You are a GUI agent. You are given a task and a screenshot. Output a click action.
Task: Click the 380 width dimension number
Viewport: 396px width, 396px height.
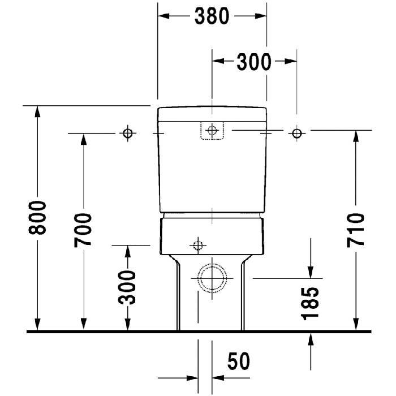(x=212, y=16)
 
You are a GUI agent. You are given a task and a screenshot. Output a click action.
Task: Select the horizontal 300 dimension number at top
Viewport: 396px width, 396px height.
(x=254, y=62)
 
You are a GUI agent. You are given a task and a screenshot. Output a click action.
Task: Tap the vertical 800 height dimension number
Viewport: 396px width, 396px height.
(x=37, y=218)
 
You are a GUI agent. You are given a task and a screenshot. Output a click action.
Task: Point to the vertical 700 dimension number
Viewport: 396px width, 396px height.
(x=83, y=230)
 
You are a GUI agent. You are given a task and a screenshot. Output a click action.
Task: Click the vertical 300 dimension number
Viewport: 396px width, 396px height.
(x=127, y=287)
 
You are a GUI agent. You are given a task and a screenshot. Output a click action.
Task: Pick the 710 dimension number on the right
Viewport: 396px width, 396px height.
(x=356, y=230)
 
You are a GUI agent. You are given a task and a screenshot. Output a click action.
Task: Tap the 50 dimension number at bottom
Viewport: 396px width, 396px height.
(x=238, y=361)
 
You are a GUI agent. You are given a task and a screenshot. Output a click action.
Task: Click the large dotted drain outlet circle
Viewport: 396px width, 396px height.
(x=212, y=278)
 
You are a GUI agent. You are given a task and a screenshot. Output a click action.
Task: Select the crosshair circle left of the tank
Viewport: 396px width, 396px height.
(x=128, y=133)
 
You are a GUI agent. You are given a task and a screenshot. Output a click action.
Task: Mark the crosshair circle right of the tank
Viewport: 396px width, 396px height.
(x=297, y=133)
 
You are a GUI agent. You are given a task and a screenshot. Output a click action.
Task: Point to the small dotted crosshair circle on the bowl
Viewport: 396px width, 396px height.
(x=198, y=245)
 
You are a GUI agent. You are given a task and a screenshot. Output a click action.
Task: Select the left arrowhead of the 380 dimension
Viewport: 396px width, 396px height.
(x=163, y=16)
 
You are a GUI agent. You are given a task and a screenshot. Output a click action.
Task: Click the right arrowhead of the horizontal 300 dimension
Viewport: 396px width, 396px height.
(x=291, y=61)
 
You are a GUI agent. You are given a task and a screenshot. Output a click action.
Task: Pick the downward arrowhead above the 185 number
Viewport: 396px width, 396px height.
(x=311, y=273)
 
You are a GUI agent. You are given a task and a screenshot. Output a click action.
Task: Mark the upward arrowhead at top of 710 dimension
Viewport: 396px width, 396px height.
(x=356, y=136)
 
